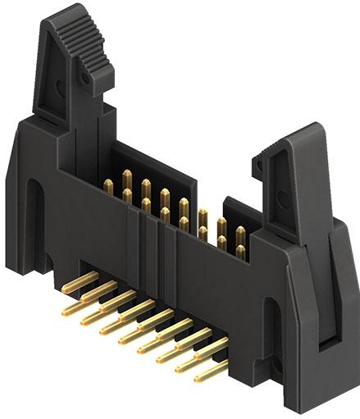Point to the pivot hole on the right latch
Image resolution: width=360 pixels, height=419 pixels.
pos(260,166)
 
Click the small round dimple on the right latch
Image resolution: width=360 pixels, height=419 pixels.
pos(260,166)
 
